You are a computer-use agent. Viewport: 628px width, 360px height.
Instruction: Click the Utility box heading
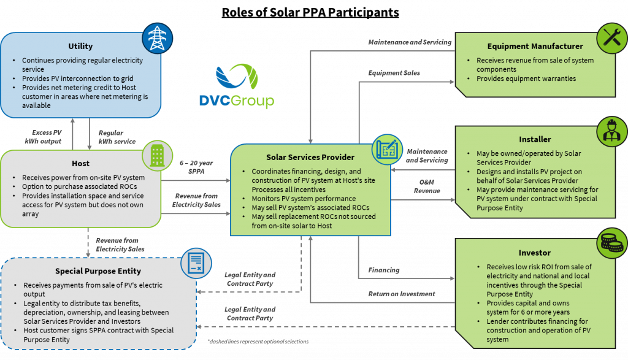tap(80, 46)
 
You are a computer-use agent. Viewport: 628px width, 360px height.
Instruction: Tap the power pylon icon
tap(158, 37)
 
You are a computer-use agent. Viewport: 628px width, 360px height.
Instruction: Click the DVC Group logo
tap(245, 86)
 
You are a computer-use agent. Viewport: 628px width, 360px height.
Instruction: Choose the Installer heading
tap(535, 139)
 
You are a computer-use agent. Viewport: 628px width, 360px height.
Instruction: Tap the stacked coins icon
tap(612, 244)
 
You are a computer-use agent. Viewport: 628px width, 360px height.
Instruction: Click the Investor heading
tap(535, 253)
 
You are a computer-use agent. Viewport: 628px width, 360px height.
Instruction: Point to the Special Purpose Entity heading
tap(98, 271)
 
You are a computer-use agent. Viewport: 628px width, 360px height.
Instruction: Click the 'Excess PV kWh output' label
tap(47, 137)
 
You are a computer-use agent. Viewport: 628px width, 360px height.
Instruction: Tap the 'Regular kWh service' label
tap(111, 137)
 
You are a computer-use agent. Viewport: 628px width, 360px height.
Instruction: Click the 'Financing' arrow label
tap(383, 270)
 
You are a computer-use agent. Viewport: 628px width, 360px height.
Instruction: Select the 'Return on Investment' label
tap(401, 294)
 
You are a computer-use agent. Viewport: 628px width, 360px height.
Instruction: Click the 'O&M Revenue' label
tap(427, 186)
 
